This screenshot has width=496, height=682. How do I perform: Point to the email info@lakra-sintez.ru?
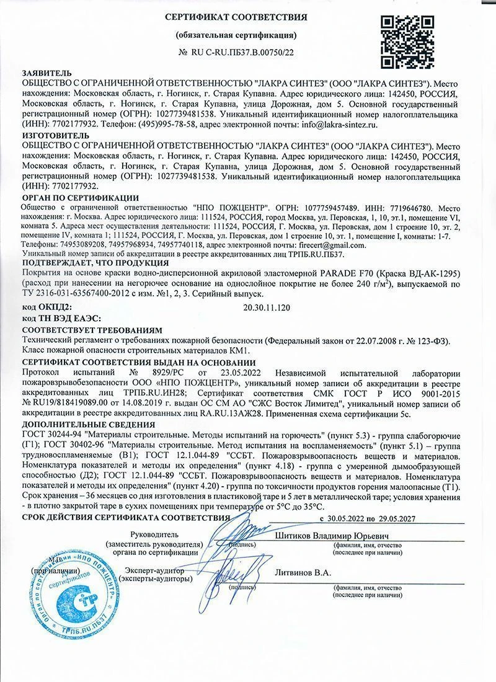341,125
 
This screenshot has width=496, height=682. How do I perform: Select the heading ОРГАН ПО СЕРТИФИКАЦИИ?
80,197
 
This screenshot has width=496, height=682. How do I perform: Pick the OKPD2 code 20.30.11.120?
268,307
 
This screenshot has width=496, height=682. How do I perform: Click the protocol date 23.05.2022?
237,372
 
